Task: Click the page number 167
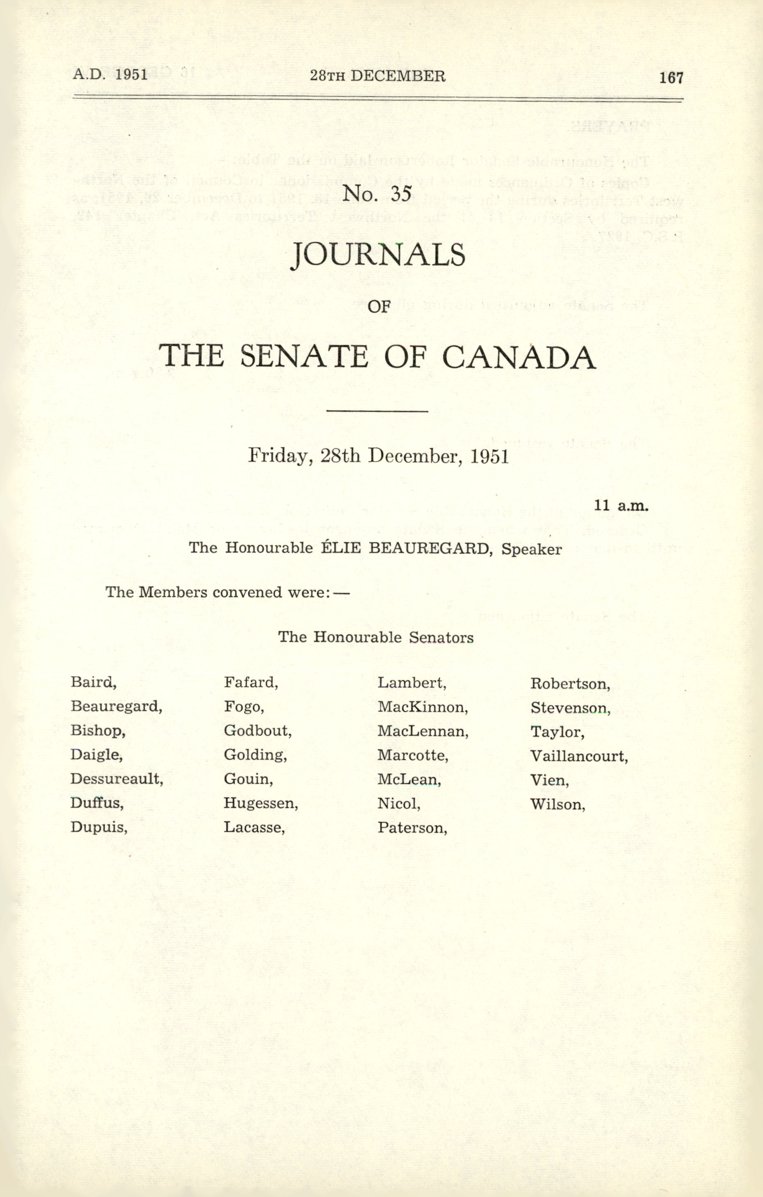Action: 671,78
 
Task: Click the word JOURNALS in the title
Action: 378,255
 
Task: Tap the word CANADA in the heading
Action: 519,357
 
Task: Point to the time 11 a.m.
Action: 621,505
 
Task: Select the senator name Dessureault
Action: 116,779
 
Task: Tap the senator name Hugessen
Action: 260,803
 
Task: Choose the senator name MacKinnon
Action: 422,706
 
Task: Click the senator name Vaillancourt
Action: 579,756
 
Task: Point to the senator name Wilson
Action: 557,804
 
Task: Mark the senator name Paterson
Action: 412,828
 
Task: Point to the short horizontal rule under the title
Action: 378,411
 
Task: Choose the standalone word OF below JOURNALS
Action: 379,306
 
